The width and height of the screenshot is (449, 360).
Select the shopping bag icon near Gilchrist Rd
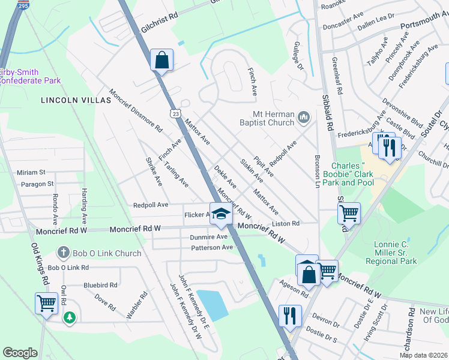coord(161,60)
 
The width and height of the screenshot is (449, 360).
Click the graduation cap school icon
coord(221,216)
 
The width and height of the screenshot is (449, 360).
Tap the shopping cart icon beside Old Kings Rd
coord(46,303)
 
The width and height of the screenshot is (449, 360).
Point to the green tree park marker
coord(70,317)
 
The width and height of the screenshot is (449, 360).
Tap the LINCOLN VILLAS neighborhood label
coord(76,100)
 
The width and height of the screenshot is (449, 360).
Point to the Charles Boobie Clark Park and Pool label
coord(353,174)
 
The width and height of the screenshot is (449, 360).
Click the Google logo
coord(20,353)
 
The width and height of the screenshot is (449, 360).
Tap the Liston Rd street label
coord(286,224)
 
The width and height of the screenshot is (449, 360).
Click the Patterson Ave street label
coord(211,247)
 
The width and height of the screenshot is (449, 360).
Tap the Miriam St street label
coord(31,172)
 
